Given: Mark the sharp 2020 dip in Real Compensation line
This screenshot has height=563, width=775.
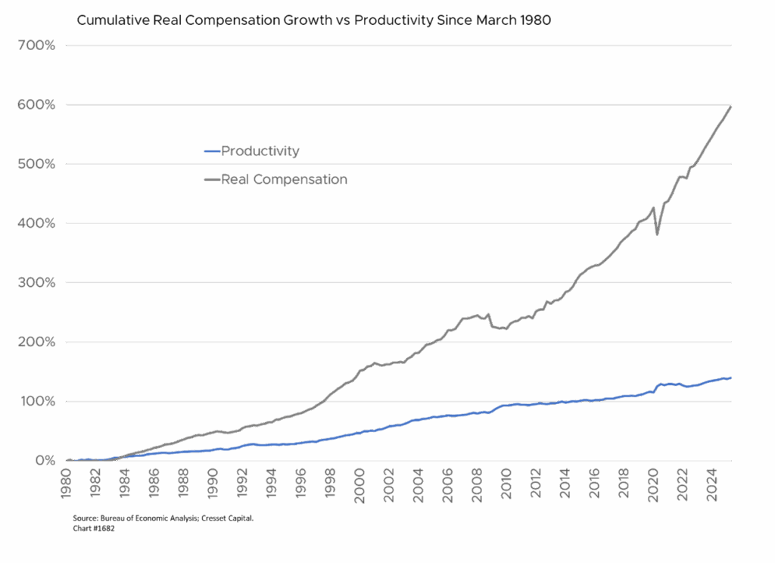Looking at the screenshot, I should [657, 234].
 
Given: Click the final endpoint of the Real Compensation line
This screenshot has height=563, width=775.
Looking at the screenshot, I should [731, 106].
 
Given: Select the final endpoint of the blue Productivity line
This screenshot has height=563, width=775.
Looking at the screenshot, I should [731, 378].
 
